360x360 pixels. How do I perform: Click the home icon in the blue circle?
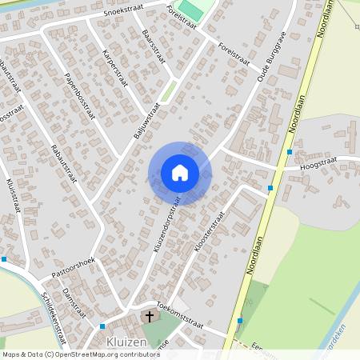coord(180,172)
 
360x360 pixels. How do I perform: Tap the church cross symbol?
coord(149,317)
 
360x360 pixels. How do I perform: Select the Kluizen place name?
coord(126,342)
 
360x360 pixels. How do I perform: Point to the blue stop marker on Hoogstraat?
coord(290,152)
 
